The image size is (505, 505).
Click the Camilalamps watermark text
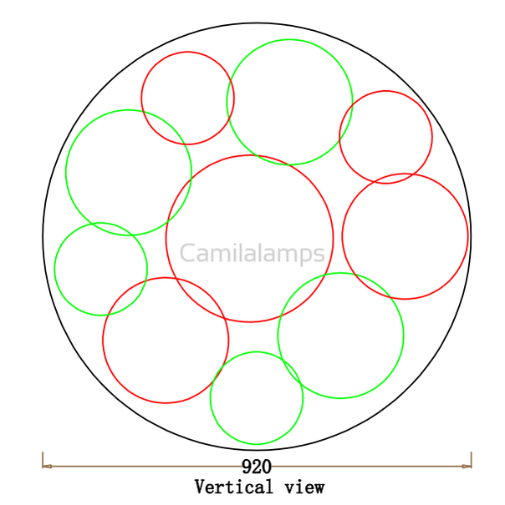(252, 253)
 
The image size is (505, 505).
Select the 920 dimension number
(257, 467)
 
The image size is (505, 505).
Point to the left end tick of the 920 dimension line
(43, 460)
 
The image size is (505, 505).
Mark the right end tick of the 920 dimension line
(472, 460)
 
